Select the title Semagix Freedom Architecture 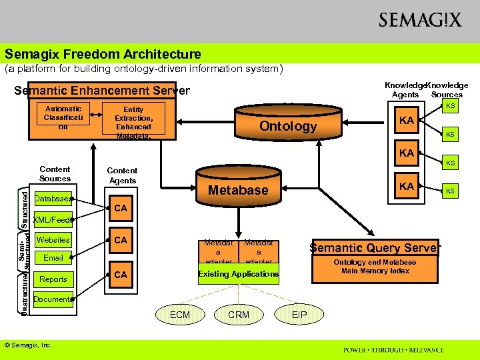103,54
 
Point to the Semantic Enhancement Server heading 102,91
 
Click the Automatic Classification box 63,117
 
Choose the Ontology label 288,127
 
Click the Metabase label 238,190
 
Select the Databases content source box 53,199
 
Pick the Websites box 53,240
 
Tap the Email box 53,258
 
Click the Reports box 53,279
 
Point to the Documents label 53,299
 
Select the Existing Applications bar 238,274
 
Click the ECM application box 180,315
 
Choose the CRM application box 239,315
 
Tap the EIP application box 299,315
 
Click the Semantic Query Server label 375,248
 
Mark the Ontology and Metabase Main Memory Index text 375,267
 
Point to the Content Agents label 122,175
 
